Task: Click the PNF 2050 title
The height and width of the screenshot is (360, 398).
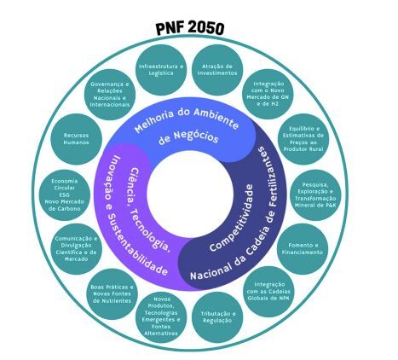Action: (x=190, y=28)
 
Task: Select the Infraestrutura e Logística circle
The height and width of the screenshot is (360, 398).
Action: (x=161, y=70)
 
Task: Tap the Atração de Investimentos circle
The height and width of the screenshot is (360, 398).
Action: (x=217, y=70)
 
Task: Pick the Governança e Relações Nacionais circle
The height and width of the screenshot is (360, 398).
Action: (x=110, y=95)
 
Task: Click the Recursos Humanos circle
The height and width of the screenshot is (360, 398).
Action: (x=76, y=139)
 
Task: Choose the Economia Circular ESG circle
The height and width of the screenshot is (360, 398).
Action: (x=65, y=195)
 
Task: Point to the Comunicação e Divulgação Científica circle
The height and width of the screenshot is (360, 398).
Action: (x=76, y=249)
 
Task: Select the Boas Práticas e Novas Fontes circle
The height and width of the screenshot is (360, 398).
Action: (x=112, y=294)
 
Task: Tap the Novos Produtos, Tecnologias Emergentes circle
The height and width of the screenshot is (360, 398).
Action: (x=161, y=316)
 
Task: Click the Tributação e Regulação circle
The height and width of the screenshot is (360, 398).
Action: (x=218, y=316)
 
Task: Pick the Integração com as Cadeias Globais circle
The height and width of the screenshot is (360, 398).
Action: (x=268, y=292)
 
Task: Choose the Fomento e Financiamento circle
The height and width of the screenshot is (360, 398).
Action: (x=303, y=249)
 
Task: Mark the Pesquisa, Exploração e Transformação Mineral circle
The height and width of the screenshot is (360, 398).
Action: (x=315, y=195)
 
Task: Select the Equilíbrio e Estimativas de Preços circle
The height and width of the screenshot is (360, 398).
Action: (x=303, y=139)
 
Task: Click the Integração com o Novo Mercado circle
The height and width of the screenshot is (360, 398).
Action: (x=268, y=94)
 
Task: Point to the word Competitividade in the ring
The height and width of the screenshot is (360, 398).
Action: (x=231, y=218)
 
